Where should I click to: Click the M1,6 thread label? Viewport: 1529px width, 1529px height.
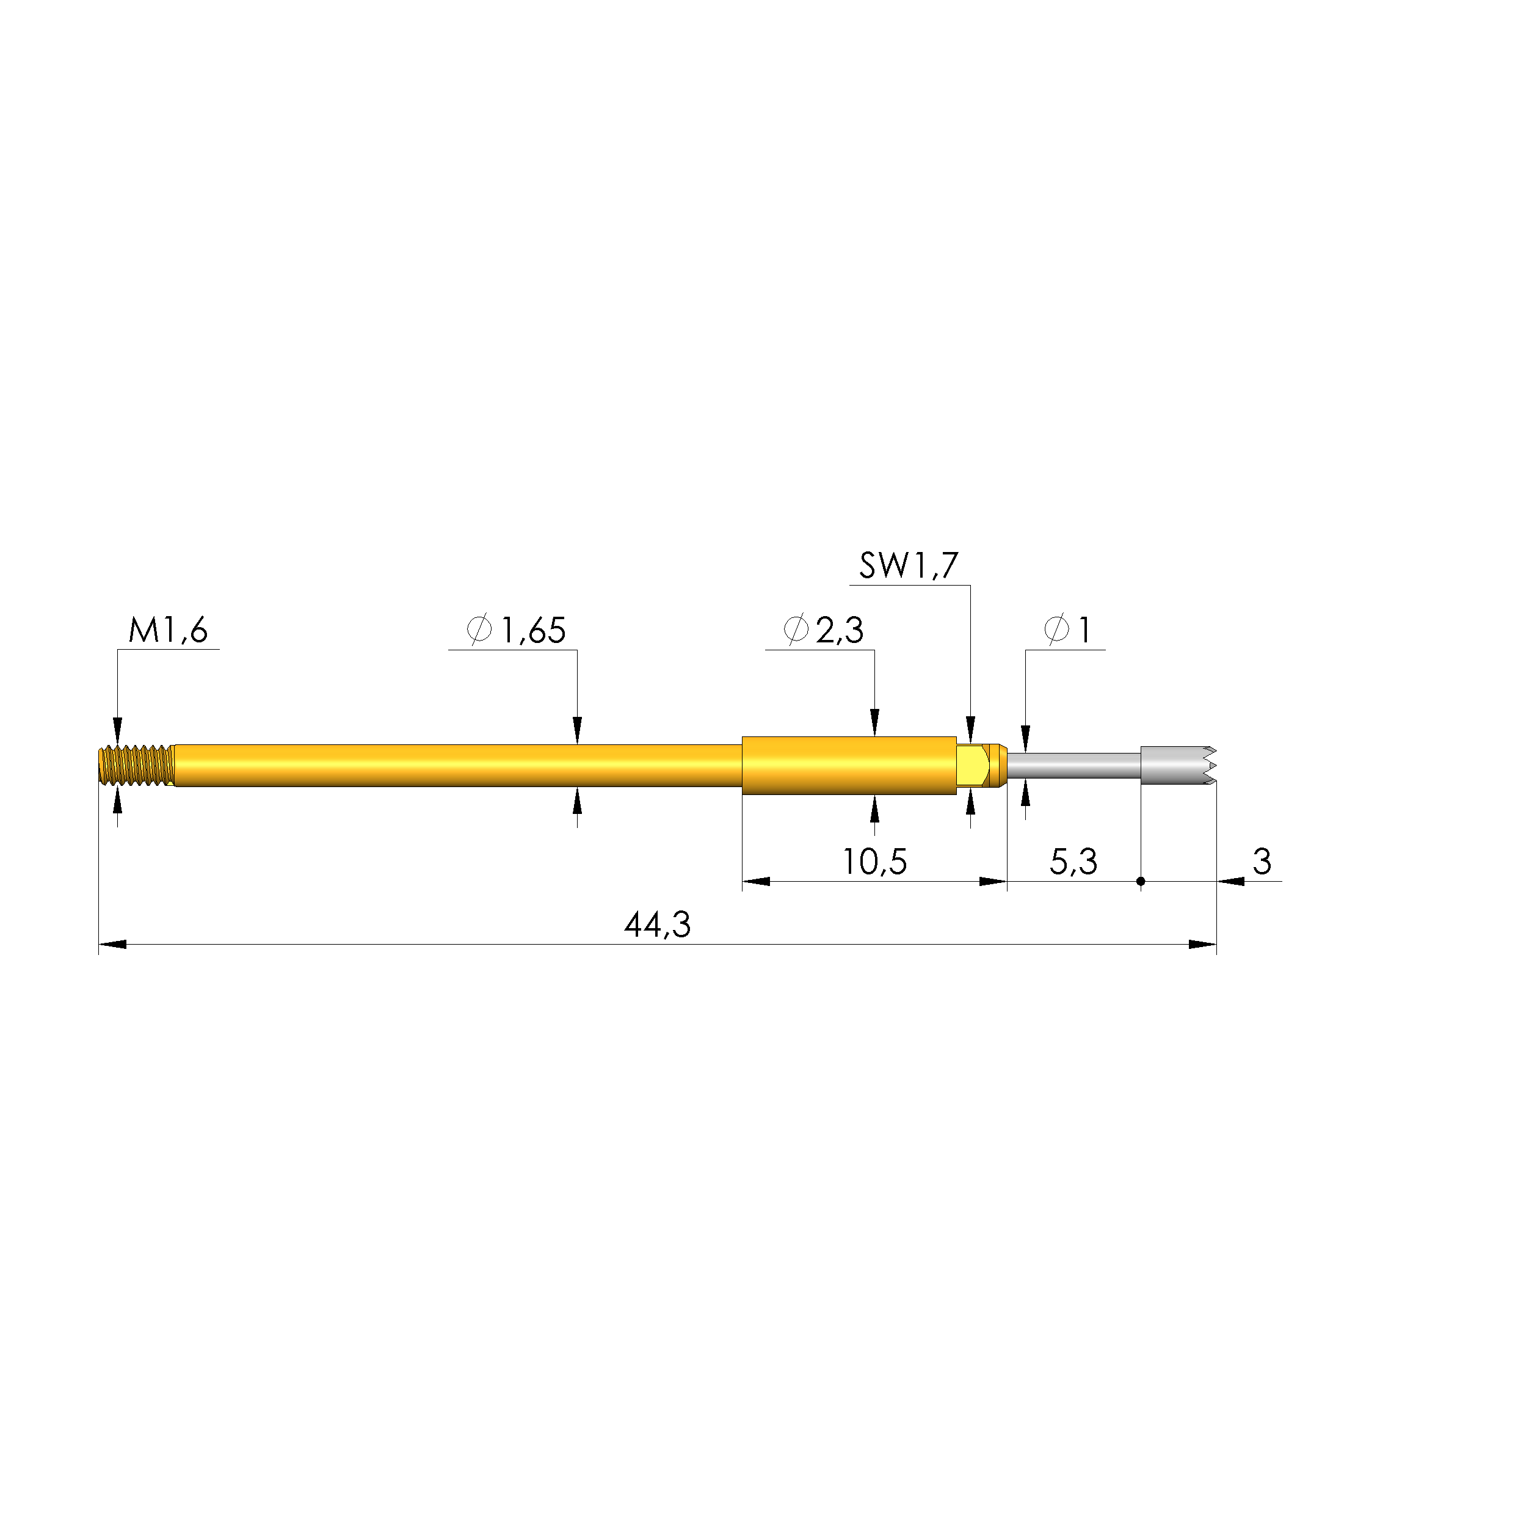(x=168, y=631)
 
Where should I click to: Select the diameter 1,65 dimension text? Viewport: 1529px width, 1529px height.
(x=517, y=631)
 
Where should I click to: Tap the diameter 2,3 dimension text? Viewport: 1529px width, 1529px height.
(x=823, y=631)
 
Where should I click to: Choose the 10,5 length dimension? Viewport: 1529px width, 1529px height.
(x=874, y=862)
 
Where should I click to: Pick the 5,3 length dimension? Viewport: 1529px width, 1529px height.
(x=1073, y=862)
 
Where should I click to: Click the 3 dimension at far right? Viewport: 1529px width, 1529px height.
(x=1262, y=861)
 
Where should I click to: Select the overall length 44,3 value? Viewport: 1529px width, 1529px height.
(x=658, y=924)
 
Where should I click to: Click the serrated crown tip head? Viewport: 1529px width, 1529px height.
(x=1177, y=765)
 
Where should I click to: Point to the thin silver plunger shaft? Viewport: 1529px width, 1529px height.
(x=1073, y=765)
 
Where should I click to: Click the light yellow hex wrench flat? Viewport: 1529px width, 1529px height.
(x=972, y=764)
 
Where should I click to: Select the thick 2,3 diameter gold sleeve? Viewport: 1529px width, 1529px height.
(x=848, y=765)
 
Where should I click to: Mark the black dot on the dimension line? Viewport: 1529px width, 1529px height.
(x=1141, y=881)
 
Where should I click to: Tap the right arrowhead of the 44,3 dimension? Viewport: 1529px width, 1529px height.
(x=1203, y=944)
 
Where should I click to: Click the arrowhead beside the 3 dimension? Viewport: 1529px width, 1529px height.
(x=1230, y=881)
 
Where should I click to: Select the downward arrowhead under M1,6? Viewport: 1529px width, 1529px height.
(x=118, y=729)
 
